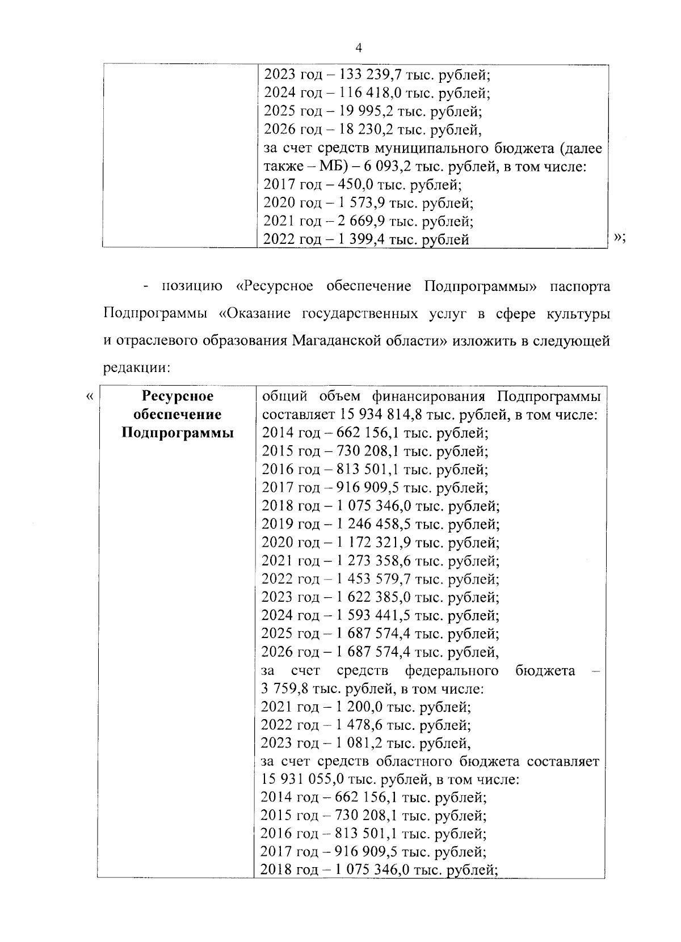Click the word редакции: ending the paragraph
point(137,367)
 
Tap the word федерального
point(452,670)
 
